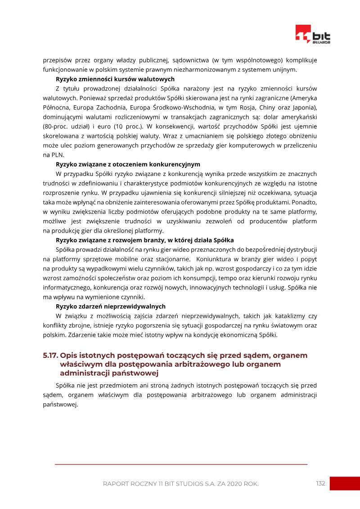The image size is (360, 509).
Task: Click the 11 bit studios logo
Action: point(313,34)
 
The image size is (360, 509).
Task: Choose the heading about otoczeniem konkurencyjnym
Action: point(128,164)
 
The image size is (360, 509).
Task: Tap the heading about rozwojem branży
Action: point(144,240)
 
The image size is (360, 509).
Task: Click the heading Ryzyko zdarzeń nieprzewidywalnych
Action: point(110,306)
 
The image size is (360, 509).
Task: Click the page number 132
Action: point(320,483)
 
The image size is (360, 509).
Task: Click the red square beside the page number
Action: point(345,483)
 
